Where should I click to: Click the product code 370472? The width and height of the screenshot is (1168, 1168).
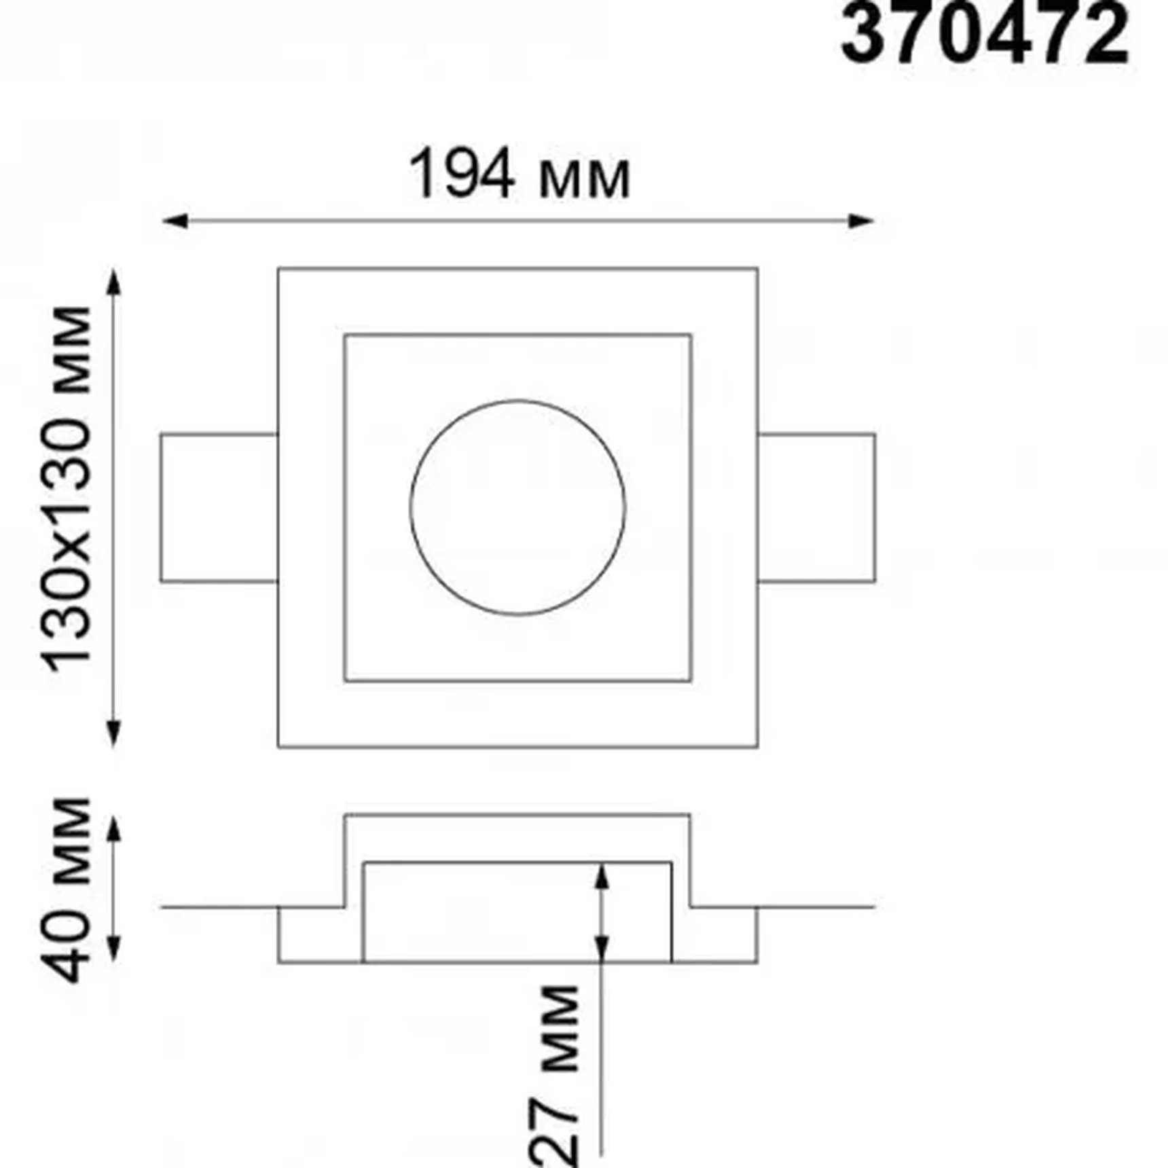pyautogui.click(x=984, y=34)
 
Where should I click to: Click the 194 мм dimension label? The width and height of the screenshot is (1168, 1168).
pyautogui.click(x=519, y=175)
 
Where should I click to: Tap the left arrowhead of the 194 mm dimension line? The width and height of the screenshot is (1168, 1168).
pyautogui.click(x=174, y=221)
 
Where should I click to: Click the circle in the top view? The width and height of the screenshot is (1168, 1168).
pyautogui.click(x=517, y=507)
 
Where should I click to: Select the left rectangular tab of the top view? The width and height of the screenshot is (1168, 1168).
pyautogui.click(x=219, y=507)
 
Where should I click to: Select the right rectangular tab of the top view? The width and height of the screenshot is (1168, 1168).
pyautogui.click(x=816, y=507)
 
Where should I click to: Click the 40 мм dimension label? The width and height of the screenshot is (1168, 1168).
pyautogui.click(x=68, y=890)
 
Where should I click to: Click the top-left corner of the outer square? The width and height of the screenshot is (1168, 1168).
pyautogui.click(x=278, y=269)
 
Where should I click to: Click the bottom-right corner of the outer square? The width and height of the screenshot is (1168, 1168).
pyautogui.click(x=757, y=747)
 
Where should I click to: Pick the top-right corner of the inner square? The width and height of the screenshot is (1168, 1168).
pyautogui.click(x=691, y=335)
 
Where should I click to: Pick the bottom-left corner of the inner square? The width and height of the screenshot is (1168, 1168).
pyautogui.click(x=345, y=680)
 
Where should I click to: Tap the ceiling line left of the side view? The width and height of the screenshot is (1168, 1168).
pyautogui.click(x=217, y=907)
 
